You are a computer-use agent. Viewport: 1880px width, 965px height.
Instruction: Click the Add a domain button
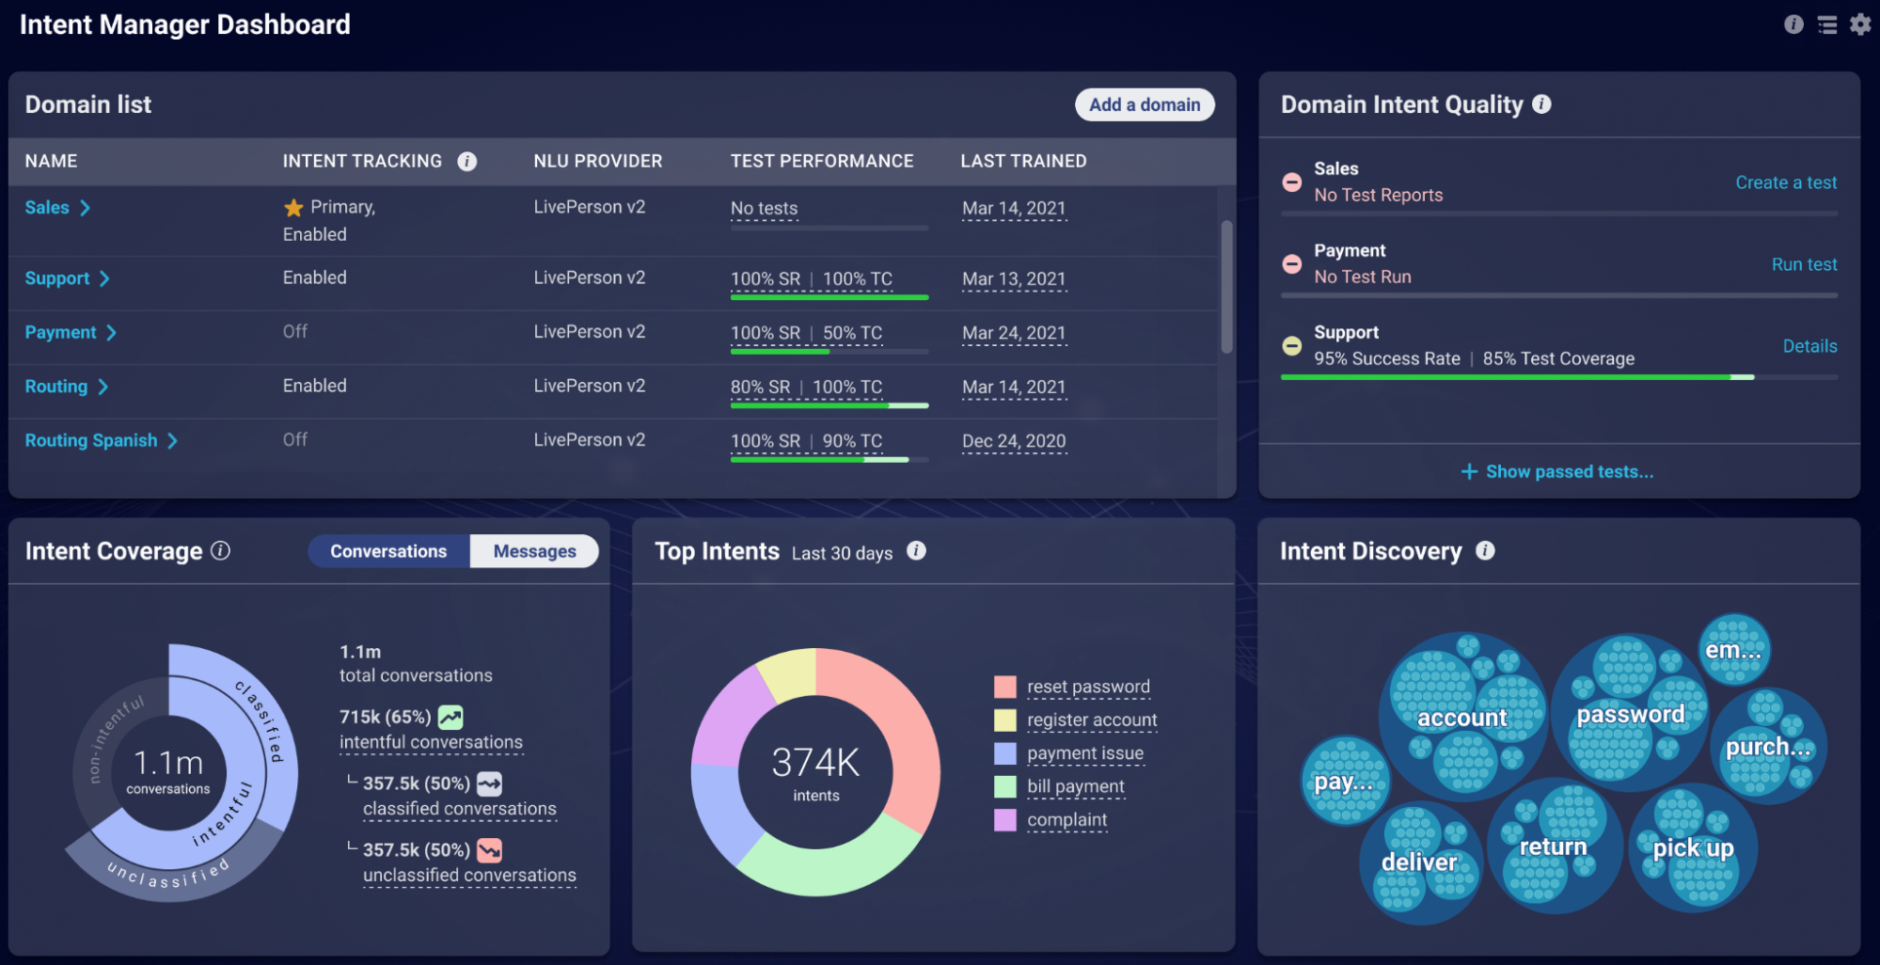click(1145, 104)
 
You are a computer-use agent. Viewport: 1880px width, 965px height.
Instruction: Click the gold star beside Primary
click(293, 207)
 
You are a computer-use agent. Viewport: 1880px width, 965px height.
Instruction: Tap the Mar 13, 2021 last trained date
click(1014, 278)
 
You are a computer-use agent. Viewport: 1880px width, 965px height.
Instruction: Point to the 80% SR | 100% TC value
click(806, 387)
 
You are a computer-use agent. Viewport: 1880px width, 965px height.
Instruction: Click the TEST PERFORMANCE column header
click(822, 161)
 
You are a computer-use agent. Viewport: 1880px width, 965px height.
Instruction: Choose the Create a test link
click(1786, 182)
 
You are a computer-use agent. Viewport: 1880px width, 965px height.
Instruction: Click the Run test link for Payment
click(1804, 264)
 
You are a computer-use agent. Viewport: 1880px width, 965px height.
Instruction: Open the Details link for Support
click(1809, 346)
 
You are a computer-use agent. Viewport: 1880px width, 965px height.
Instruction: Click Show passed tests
click(1557, 471)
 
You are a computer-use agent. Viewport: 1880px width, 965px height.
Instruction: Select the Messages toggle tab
click(534, 551)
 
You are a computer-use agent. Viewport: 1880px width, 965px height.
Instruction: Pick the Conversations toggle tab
click(388, 551)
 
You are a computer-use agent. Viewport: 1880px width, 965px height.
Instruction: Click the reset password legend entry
click(1088, 687)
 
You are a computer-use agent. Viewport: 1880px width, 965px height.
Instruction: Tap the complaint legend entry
click(1066, 819)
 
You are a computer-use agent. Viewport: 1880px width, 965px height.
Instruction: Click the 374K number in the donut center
click(815, 762)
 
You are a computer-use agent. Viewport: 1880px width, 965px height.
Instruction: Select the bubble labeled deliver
click(1420, 862)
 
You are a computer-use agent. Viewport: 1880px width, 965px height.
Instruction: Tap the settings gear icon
click(1860, 24)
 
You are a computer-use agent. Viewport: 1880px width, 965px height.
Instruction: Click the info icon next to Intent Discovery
click(1485, 551)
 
